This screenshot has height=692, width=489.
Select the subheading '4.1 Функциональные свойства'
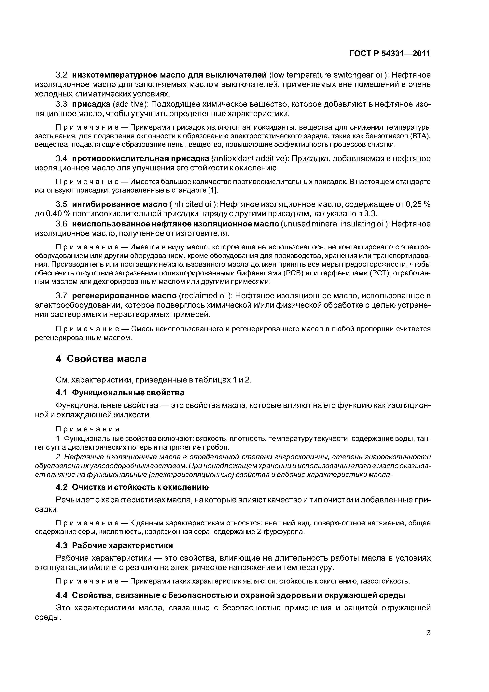click(120, 393)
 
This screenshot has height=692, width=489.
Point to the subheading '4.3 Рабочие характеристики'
click(115, 545)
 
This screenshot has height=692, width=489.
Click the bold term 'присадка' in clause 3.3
click(91, 104)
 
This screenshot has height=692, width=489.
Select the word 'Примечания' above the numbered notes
click(88, 429)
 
